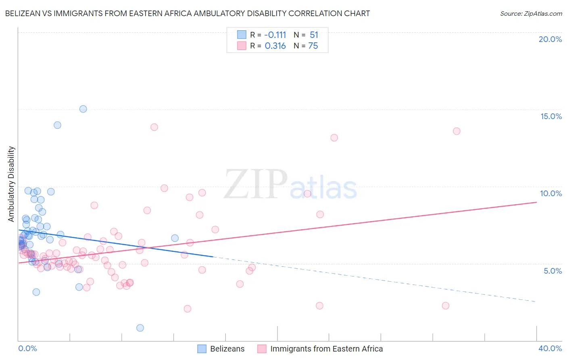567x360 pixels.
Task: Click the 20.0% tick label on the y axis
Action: tap(550, 39)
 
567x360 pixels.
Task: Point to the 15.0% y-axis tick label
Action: tap(551, 116)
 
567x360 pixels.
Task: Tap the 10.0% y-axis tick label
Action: tap(551, 193)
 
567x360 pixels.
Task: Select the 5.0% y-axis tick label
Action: tap(552, 271)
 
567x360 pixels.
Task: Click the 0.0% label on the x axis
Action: tap(27, 348)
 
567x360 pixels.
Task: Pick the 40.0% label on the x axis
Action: tap(550, 348)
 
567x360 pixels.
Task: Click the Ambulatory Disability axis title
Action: tap(11, 184)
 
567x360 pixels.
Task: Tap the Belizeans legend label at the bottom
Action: tap(227, 349)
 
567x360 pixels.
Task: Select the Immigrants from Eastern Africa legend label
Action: tap(326, 349)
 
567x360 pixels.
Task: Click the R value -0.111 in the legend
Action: tap(275, 35)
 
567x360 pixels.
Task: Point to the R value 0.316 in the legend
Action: tap(275, 46)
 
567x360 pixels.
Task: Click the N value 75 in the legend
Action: tap(313, 46)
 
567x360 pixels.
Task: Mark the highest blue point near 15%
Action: tap(83, 109)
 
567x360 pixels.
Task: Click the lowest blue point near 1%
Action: tap(140, 328)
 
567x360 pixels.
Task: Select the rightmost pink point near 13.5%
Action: tap(457, 131)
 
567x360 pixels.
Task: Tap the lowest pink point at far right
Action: tap(445, 306)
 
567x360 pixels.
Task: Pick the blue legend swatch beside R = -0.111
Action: tap(242, 35)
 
